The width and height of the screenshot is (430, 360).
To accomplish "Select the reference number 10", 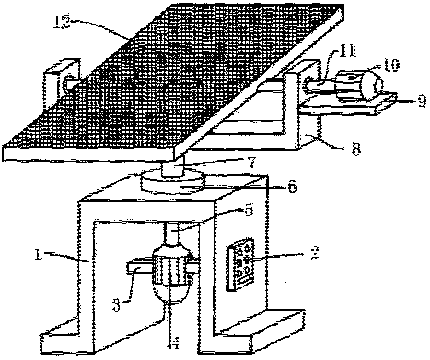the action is [391, 65].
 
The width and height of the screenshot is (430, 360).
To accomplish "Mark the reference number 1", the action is [38, 254].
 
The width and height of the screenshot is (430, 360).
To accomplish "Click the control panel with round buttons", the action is [240, 264].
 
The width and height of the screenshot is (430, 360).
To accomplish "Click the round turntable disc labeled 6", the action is [172, 181].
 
